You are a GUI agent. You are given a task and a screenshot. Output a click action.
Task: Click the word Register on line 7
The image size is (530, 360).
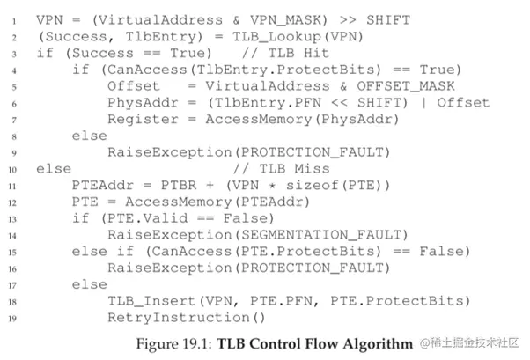[139, 119]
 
